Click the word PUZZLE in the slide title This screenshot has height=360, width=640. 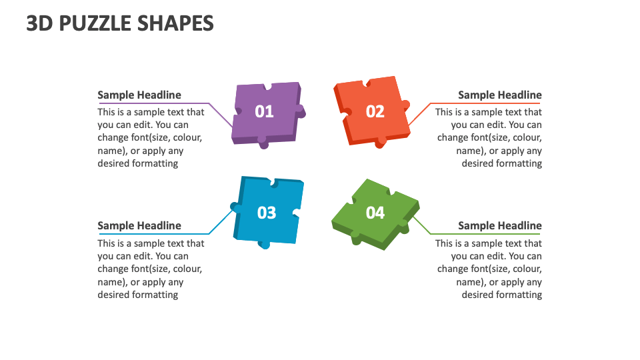click(x=96, y=23)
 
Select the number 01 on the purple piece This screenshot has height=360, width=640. click(x=265, y=111)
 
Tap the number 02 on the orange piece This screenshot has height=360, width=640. click(x=375, y=111)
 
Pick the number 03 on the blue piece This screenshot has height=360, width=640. click(x=267, y=213)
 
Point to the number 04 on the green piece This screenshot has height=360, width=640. click(x=375, y=213)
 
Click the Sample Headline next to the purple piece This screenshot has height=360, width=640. click(x=139, y=95)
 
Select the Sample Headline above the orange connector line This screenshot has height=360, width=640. click(x=500, y=95)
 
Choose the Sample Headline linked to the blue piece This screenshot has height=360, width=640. click(x=139, y=225)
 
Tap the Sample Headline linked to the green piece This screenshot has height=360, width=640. click(x=500, y=225)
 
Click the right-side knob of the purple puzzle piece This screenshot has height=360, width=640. click(x=301, y=111)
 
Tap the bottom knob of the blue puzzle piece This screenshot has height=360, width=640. click(x=265, y=244)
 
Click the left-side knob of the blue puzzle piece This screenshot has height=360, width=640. click(x=235, y=207)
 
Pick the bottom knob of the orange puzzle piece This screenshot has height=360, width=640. click(x=380, y=142)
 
